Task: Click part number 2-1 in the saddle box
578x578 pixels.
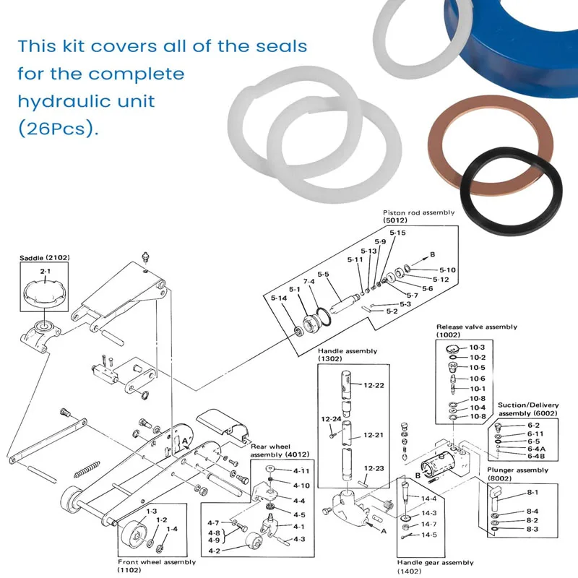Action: coord(45,270)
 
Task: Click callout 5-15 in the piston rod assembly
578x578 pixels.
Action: coord(397,233)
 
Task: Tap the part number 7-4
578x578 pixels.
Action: coord(309,282)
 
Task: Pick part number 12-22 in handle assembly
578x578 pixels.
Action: coord(374,385)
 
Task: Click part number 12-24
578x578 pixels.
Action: coord(330,418)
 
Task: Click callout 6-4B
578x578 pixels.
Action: coord(536,457)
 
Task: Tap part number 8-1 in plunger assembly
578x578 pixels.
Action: coord(532,492)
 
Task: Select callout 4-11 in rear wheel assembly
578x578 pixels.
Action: coord(301,471)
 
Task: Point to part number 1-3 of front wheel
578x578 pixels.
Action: coord(152,512)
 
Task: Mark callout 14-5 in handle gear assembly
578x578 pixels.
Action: coord(429,535)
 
